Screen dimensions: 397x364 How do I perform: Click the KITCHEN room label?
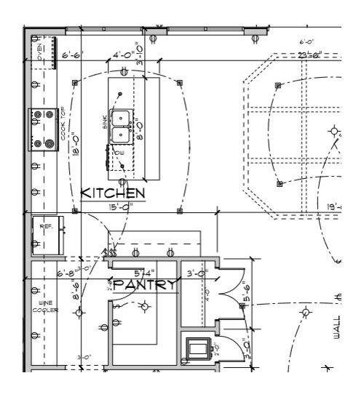click(x=112, y=193)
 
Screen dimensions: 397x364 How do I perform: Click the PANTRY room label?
click(x=144, y=285)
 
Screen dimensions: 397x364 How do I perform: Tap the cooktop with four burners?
click(x=43, y=129)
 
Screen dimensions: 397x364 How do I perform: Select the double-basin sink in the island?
click(x=121, y=127)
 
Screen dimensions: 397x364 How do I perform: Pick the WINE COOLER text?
click(x=41, y=307)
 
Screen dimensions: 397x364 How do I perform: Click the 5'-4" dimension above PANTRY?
click(x=143, y=274)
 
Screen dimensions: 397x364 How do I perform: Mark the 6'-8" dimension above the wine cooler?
click(x=66, y=274)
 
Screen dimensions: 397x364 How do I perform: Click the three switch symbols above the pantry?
click(x=112, y=252)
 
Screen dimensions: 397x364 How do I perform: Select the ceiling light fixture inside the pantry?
click(x=144, y=307)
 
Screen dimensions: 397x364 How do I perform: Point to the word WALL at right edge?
click(x=337, y=324)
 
